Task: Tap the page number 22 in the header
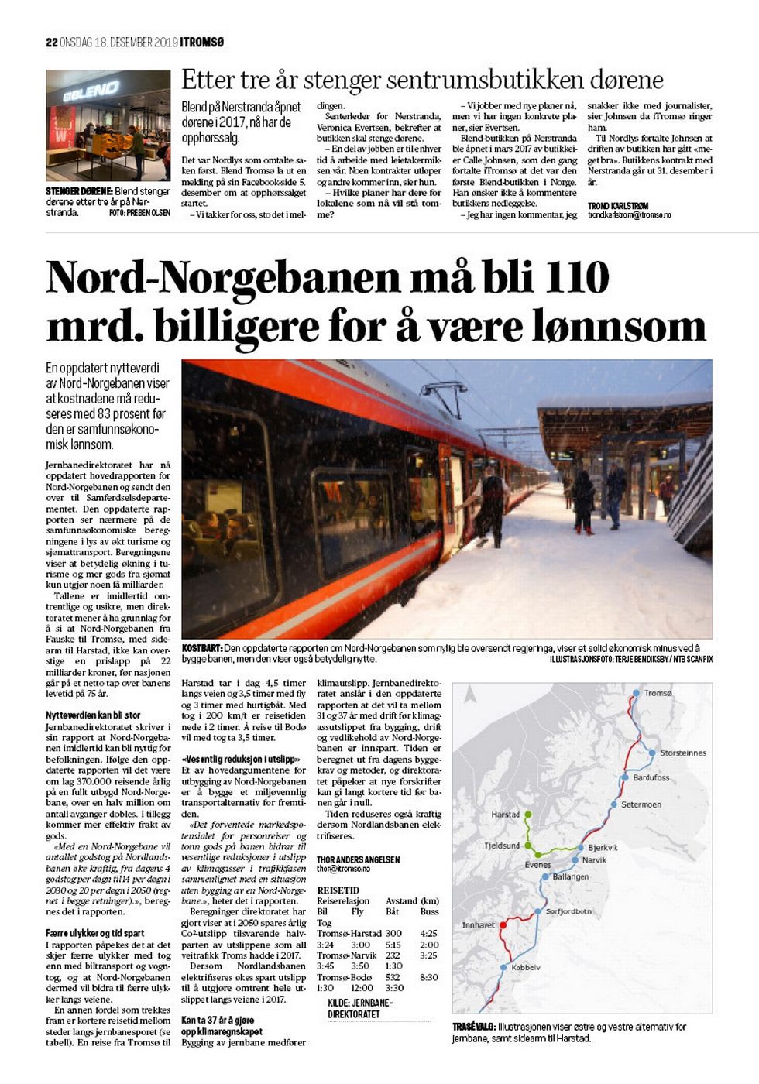tap(52, 43)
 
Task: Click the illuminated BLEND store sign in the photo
tap(91, 92)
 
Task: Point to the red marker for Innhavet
tap(503, 924)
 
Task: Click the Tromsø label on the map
tap(658, 693)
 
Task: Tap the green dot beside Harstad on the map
tap(528, 815)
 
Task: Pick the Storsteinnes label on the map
tap(682, 753)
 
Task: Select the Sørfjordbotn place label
tap(568, 911)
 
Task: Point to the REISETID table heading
tap(338, 890)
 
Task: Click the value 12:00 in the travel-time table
tap(362, 988)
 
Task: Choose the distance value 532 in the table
tap(393, 977)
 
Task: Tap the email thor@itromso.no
tap(344, 869)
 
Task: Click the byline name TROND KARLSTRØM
tap(618, 206)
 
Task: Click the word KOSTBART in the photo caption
tap(201, 648)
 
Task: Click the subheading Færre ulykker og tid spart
tap(94, 934)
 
